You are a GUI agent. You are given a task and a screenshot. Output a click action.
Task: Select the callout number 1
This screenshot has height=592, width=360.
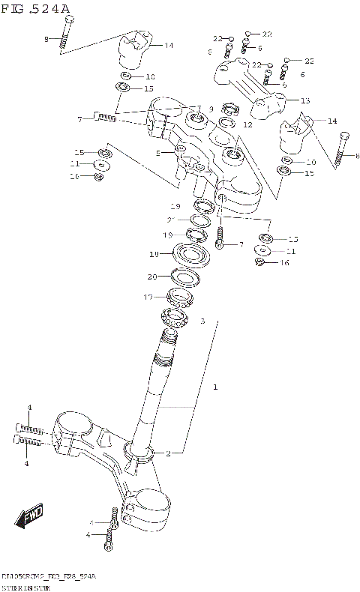click(215, 387)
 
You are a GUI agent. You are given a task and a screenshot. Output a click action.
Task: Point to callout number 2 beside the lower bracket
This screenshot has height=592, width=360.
click(169, 453)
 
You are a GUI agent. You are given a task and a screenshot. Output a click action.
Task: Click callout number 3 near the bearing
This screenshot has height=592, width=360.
click(202, 321)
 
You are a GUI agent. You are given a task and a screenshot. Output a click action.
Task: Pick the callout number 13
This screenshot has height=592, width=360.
click(304, 100)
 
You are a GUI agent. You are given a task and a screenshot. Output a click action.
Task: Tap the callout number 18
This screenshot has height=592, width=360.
click(154, 255)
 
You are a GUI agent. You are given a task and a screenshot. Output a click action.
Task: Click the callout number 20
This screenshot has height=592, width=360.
click(152, 277)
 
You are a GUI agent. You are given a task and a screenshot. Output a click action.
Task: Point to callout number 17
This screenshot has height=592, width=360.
click(148, 297)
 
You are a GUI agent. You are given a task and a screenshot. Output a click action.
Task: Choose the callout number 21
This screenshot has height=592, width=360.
click(171, 220)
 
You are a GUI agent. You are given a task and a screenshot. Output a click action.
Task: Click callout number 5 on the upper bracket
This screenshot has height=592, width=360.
click(158, 153)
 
